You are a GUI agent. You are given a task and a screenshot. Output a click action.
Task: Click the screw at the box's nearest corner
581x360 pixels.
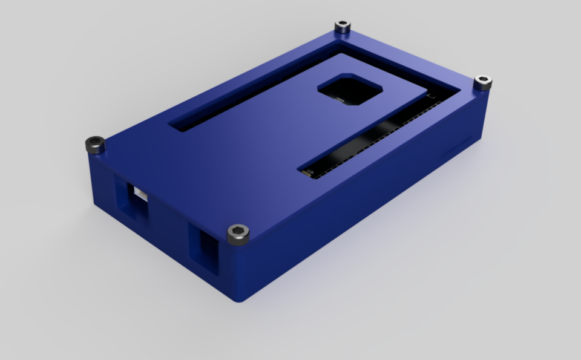238,234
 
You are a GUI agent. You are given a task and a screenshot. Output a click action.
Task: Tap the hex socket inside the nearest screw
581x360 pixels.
238,232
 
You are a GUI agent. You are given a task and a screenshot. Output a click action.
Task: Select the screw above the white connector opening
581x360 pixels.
96,145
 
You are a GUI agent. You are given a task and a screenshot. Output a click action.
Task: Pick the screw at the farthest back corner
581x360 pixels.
343,27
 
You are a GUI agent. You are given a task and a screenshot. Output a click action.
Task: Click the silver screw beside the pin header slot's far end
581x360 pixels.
482,82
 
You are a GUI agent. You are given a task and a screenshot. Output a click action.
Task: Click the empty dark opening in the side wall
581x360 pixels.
205,249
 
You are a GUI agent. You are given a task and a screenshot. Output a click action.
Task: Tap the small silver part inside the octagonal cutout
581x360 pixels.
340,99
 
